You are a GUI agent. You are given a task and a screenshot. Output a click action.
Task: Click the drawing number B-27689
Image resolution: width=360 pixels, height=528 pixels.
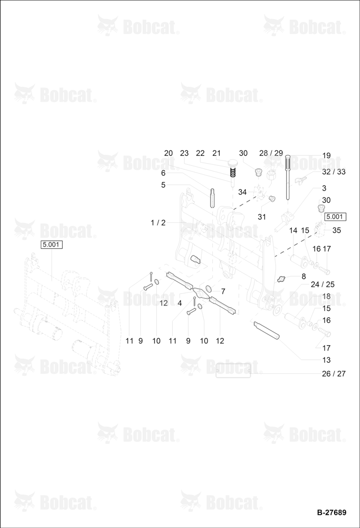coord(331,513)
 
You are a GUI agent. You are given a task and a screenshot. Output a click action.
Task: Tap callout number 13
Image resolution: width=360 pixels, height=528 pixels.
coord(326,360)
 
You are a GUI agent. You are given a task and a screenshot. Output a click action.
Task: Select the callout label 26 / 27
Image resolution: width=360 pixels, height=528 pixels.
coord(334,374)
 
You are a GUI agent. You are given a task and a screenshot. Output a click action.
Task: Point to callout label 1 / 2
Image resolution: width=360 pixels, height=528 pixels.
coord(158,223)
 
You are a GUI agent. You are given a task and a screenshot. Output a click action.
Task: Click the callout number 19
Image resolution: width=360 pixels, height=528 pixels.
coord(326,156)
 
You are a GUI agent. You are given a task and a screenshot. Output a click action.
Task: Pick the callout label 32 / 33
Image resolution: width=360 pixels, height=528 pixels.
coord(334,172)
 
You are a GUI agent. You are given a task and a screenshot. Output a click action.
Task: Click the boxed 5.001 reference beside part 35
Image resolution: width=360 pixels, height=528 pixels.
coord(335,216)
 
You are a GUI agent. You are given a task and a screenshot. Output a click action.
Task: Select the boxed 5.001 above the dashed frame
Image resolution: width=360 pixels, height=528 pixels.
coord(52,244)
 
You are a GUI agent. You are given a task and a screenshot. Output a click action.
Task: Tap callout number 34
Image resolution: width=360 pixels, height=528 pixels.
coord(242,192)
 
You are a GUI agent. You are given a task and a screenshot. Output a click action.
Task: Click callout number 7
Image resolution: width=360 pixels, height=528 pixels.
coord(223,291)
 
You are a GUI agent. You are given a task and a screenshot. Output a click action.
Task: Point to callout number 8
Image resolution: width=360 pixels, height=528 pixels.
coord(304,277)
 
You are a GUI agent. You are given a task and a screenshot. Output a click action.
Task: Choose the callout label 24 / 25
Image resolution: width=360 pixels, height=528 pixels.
coord(323,285)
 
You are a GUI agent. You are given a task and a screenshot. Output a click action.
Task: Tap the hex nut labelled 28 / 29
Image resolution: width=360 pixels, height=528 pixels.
coord(272,175)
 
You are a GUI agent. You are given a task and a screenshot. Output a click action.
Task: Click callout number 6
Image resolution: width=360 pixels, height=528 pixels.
coord(163,173)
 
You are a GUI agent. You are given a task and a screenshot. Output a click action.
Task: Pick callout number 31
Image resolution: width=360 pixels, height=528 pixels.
coord(262,217)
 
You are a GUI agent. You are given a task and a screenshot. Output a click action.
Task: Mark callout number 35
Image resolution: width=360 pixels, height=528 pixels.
coord(336,230)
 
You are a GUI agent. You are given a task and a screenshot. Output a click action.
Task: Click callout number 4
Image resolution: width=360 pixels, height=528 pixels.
coord(179,303)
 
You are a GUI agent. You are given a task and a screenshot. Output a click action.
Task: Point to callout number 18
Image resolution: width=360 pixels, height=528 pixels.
coord(326,296)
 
